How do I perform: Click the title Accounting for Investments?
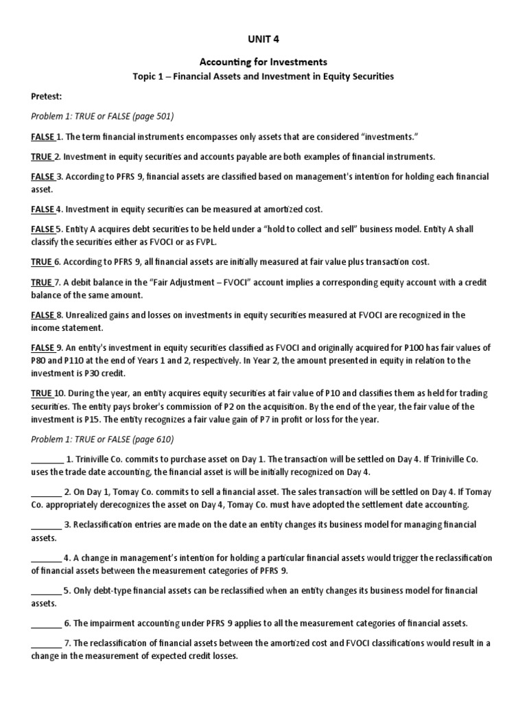pyautogui.click(x=263, y=62)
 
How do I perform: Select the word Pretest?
pyautogui.click(x=47, y=98)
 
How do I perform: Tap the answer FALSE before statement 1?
pyautogui.click(x=43, y=136)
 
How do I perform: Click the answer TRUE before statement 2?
pyautogui.click(x=42, y=157)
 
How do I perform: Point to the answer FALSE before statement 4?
pyautogui.click(x=43, y=208)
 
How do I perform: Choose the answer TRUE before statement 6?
pyautogui.click(x=42, y=262)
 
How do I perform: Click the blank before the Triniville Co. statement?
pyautogui.click(x=47, y=460)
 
